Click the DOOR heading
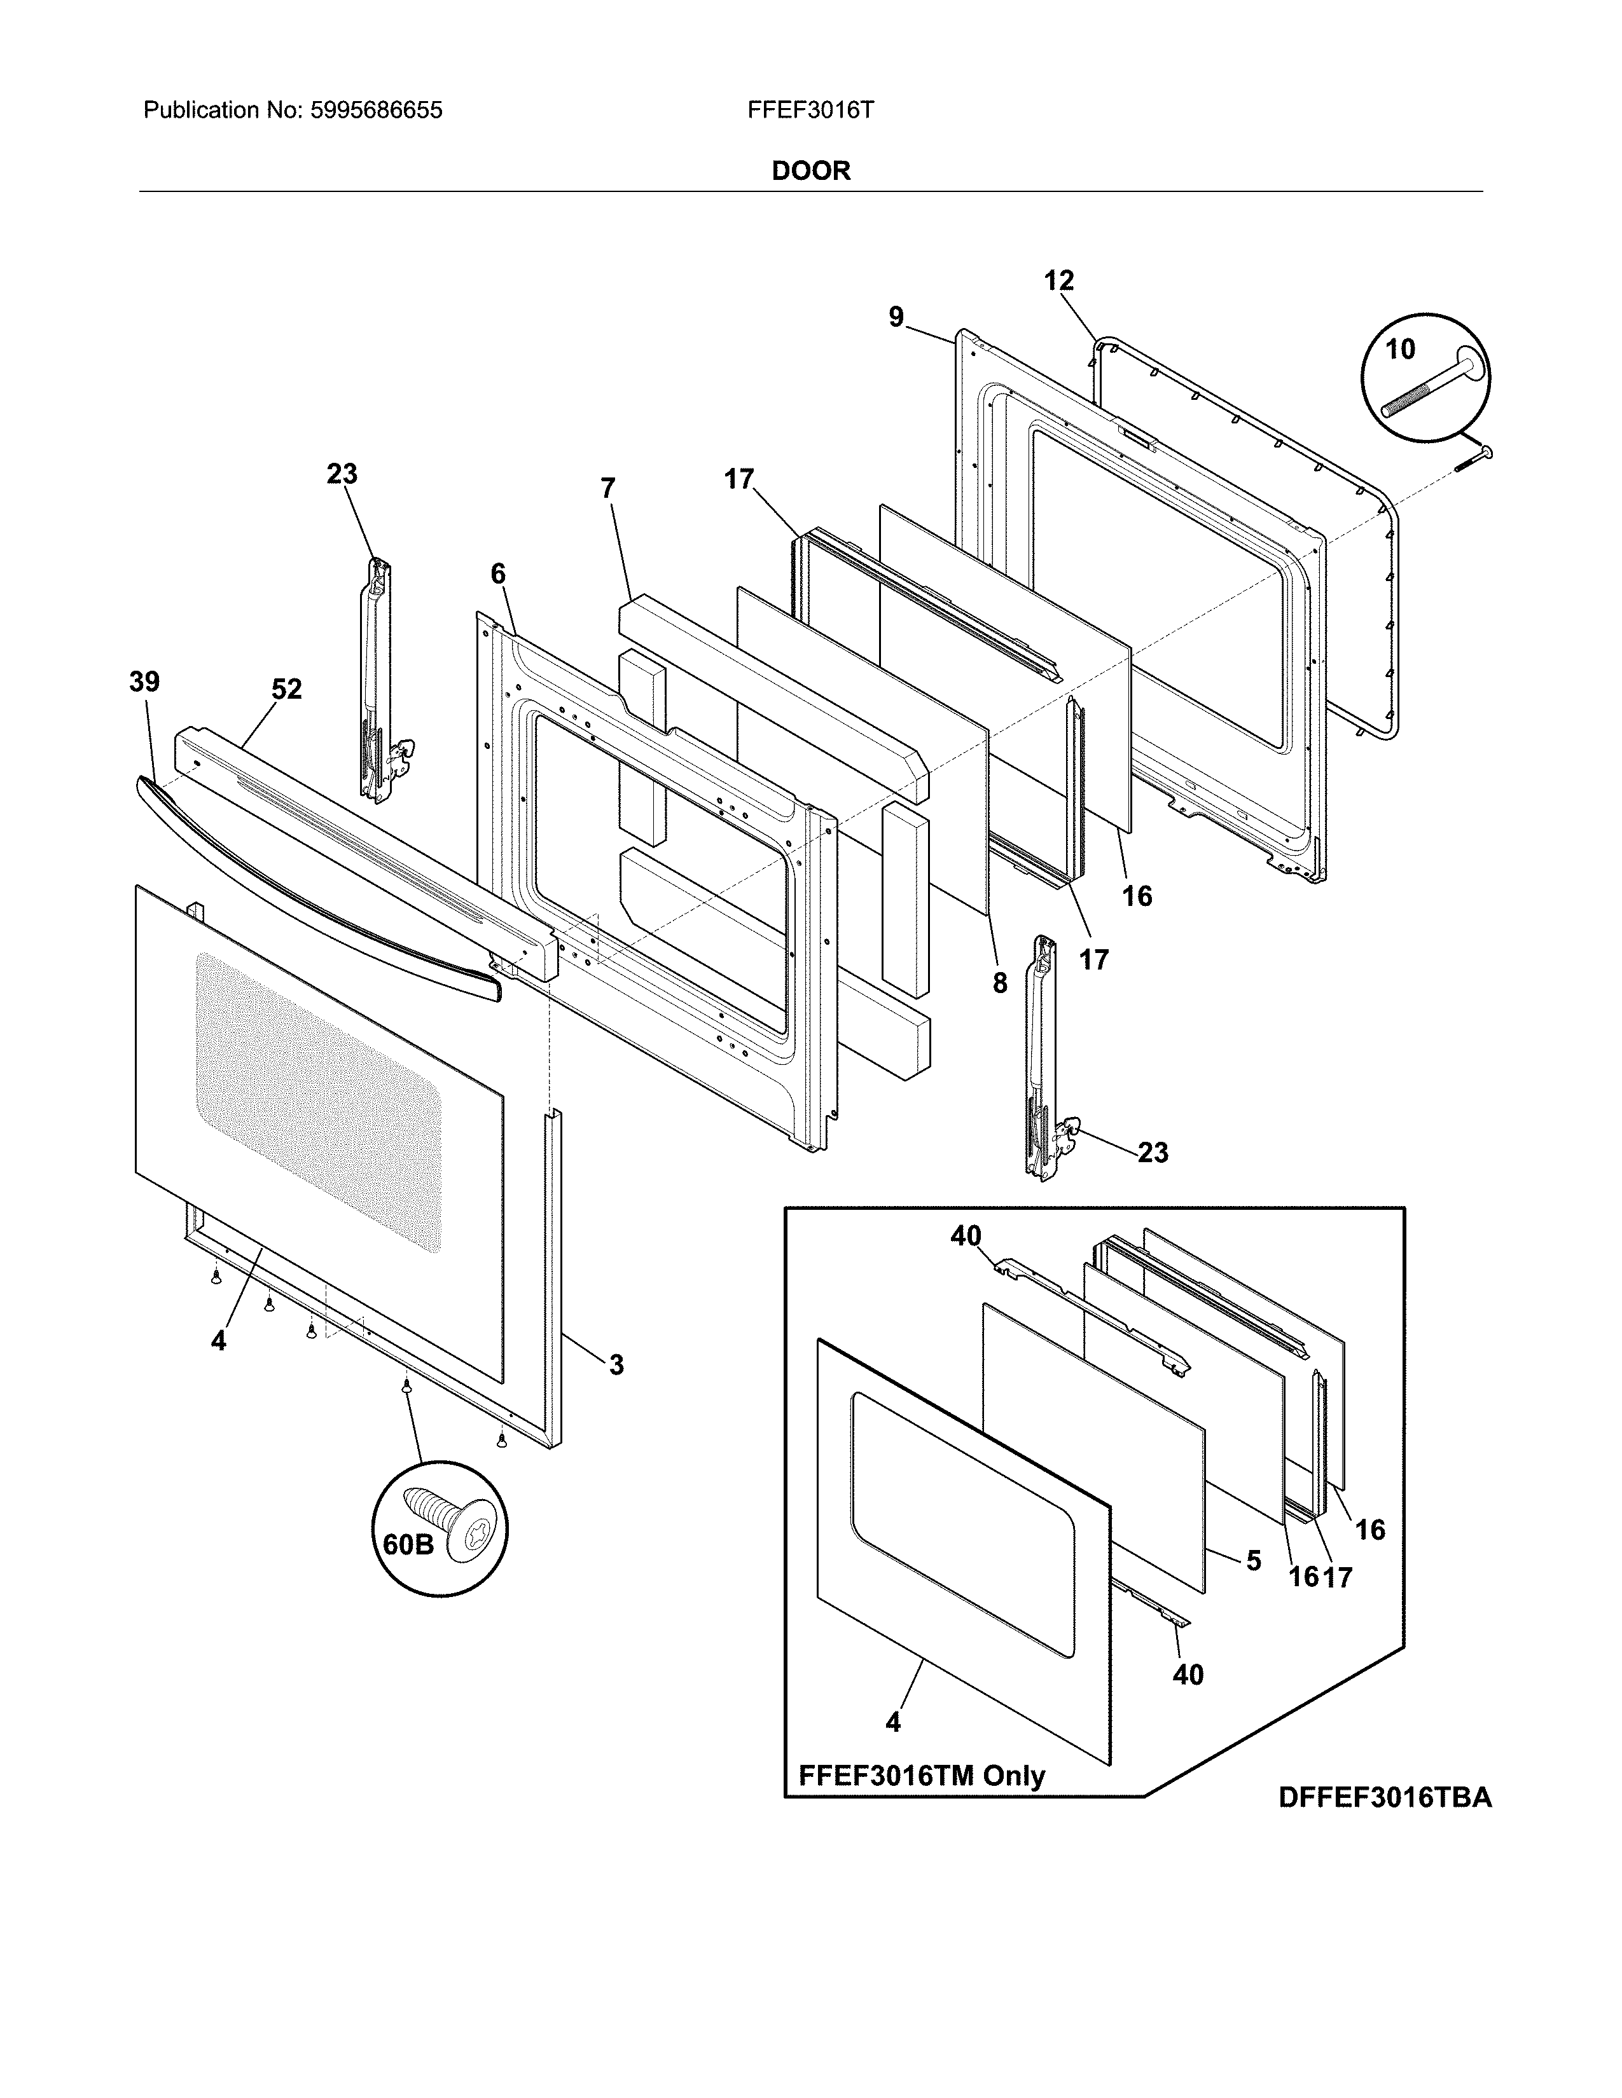tap(811, 171)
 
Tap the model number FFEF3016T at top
tap(810, 111)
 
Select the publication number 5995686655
tap(376, 111)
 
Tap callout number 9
tap(896, 317)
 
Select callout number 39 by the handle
tap(144, 682)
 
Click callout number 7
tap(607, 488)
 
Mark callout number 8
tap(999, 983)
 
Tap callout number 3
tap(616, 1364)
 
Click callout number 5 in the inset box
tap(1253, 1560)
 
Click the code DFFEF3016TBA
tap(1385, 1797)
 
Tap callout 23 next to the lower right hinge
tap(1152, 1153)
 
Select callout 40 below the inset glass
tap(1188, 1675)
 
